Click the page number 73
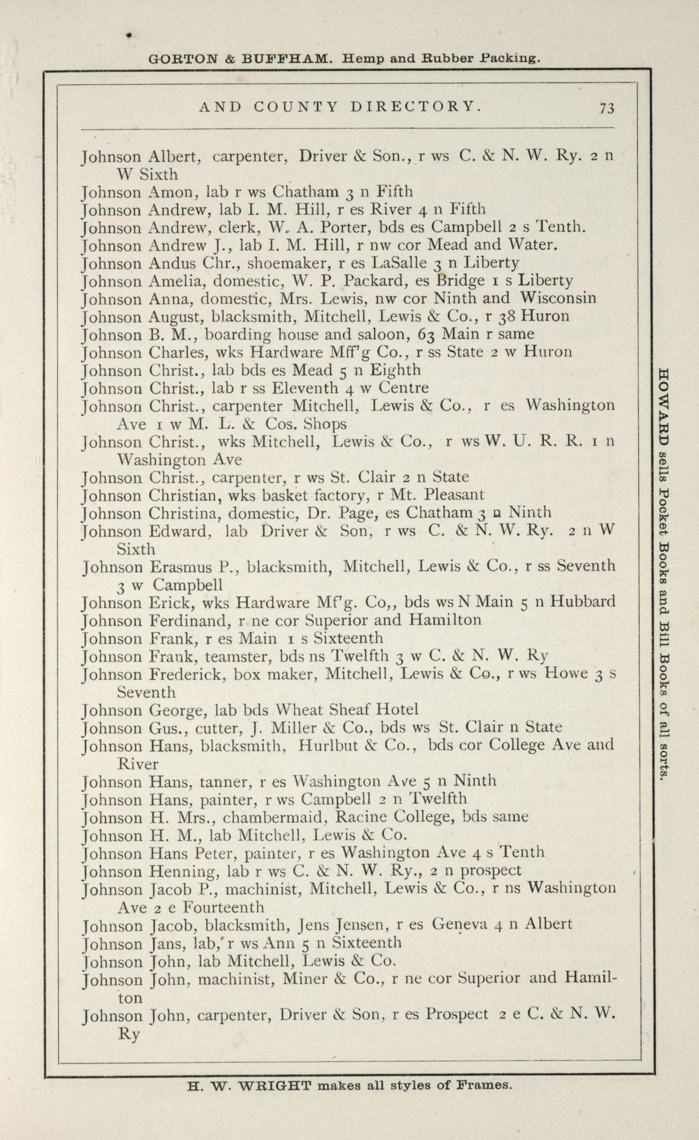tap(607, 108)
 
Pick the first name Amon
tap(172, 193)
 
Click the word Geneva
tap(460, 925)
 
